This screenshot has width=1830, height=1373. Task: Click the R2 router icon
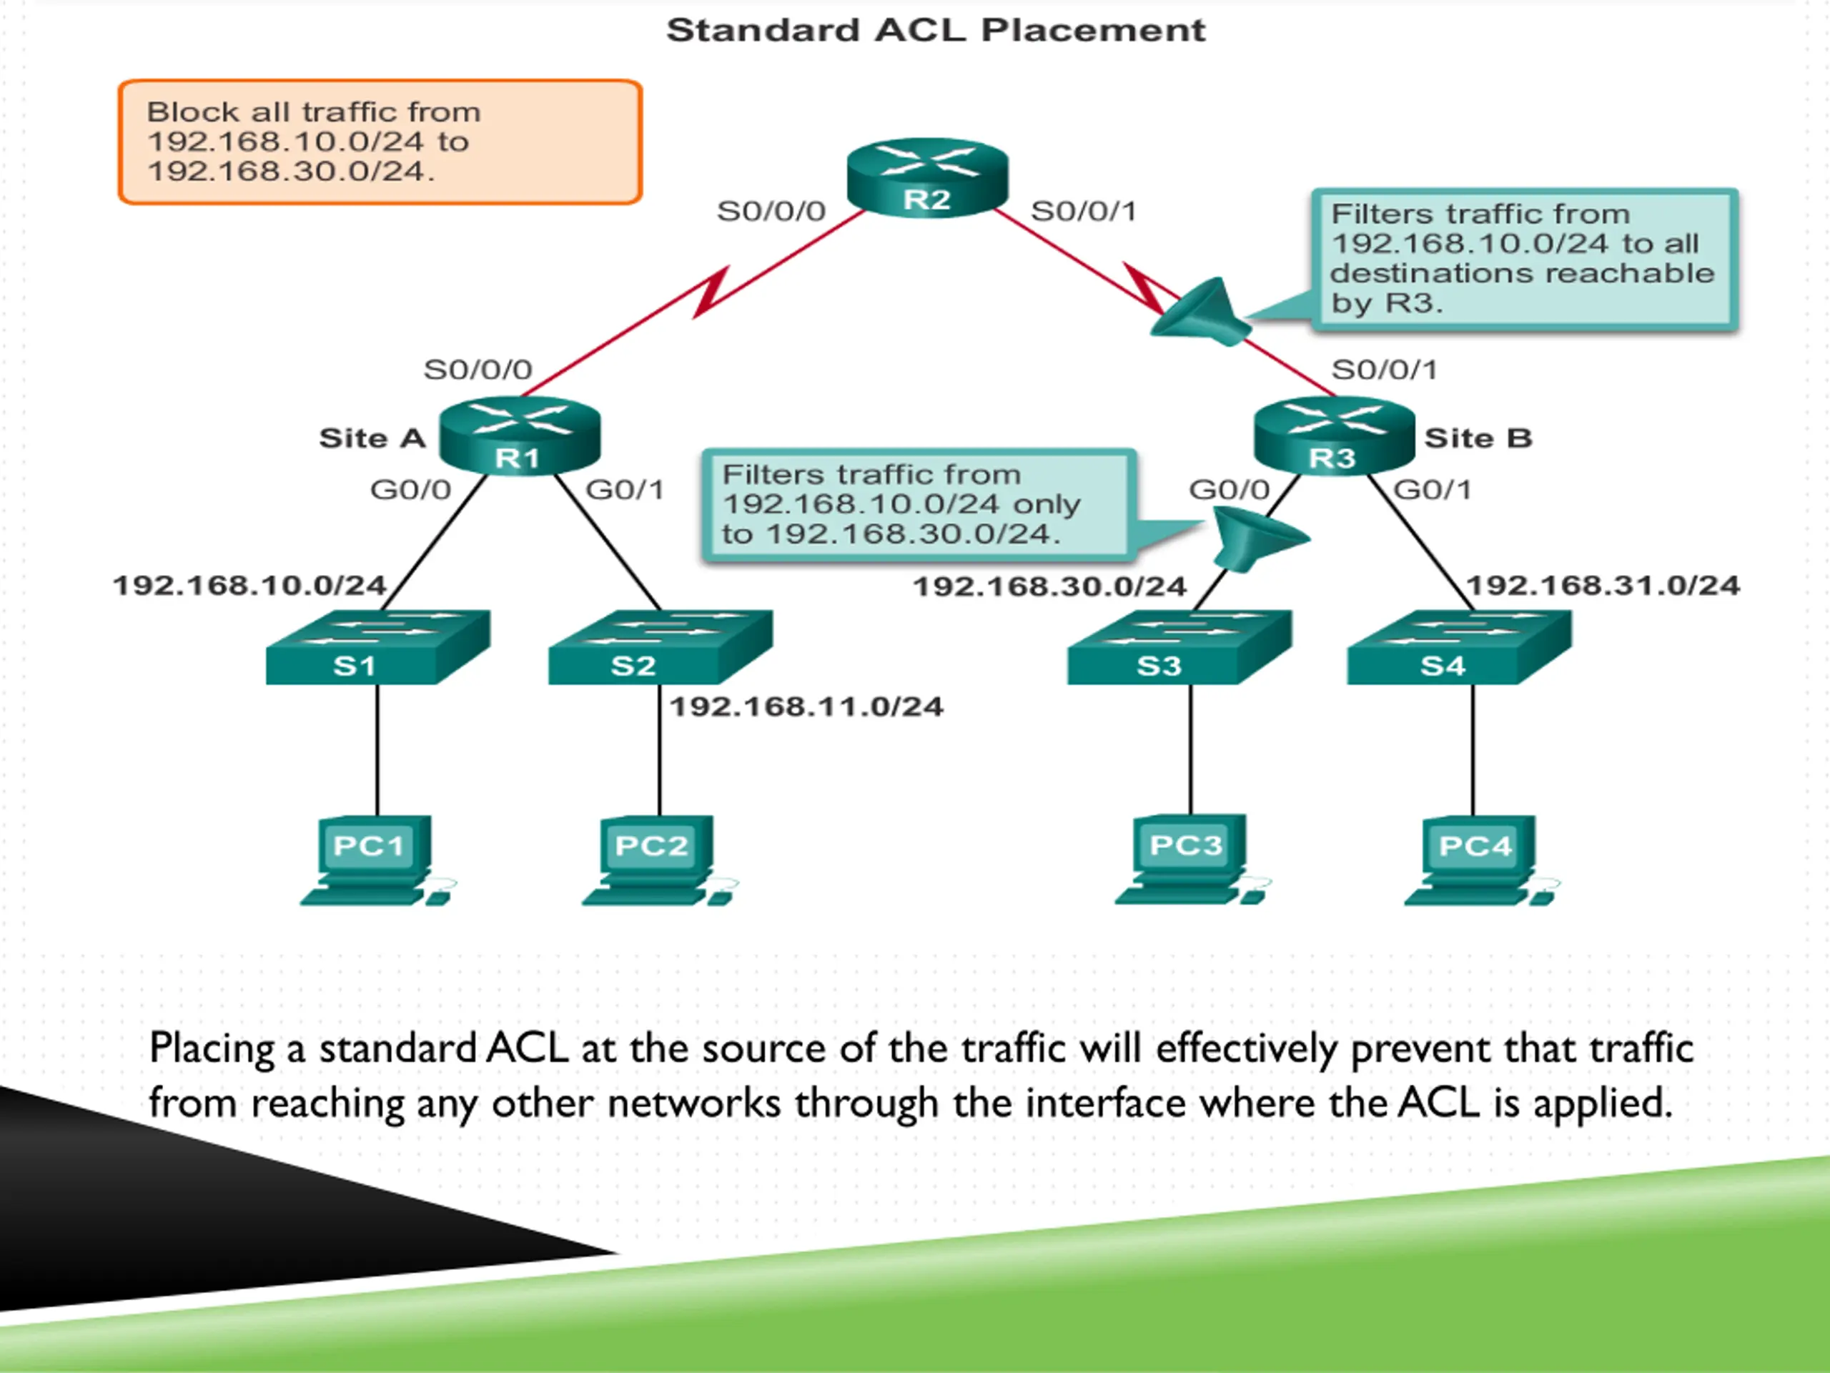tap(927, 178)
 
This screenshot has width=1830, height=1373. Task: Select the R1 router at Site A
tap(520, 436)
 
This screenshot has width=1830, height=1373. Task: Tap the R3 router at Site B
tap(1335, 436)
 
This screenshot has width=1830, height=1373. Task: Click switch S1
tap(378, 647)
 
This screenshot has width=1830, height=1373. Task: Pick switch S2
tap(661, 647)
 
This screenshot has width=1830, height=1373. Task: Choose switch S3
tap(1179, 647)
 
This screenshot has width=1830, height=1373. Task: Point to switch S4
tap(1460, 647)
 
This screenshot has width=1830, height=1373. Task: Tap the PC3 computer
tap(1193, 861)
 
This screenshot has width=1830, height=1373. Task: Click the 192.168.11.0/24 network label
tap(806, 707)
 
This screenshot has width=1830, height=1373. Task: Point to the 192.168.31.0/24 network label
tap(1603, 586)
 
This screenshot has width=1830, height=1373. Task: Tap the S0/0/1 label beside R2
tap(1083, 211)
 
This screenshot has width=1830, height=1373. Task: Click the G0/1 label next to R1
tap(625, 490)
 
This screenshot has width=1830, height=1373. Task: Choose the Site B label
tap(1478, 438)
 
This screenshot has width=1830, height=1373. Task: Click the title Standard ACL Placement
tap(936, 30)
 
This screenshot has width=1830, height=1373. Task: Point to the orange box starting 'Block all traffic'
tap(380, 142)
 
